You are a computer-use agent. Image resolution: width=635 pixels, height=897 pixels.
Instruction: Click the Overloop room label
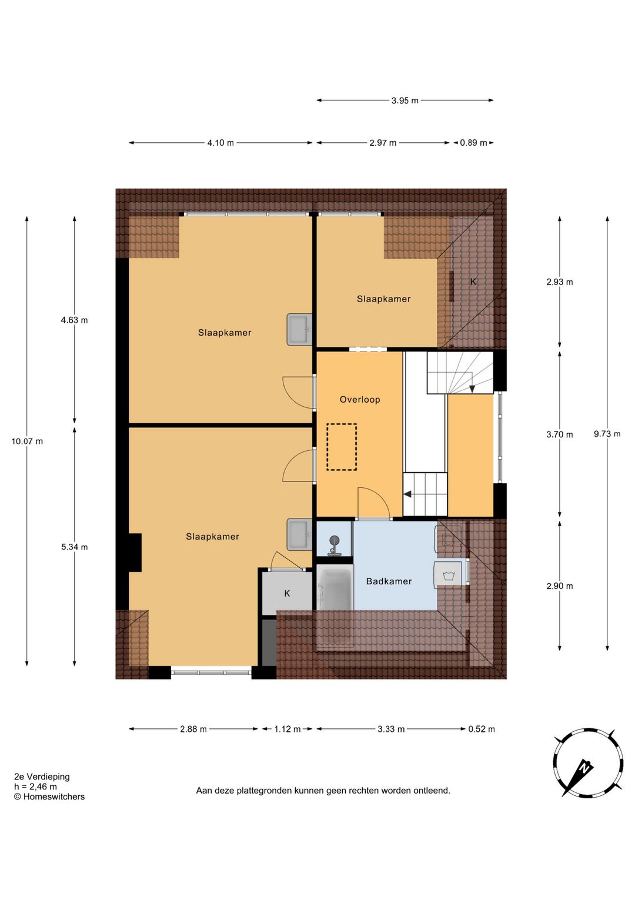pos(360,399)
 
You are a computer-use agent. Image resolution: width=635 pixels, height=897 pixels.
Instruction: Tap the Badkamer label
pos(389,581)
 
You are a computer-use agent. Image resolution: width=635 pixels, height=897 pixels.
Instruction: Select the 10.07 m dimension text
pos(27,441)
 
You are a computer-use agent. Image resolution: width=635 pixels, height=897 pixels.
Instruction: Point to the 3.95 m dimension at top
pos(405,101)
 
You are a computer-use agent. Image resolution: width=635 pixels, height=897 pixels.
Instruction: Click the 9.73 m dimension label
pos(607,434)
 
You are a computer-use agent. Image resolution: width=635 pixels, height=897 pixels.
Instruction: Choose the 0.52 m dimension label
pos(481,729)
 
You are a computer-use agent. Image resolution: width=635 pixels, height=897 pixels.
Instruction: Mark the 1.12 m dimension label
pos(288,729)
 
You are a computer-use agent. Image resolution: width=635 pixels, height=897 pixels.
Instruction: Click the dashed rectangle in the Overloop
pos(342,447)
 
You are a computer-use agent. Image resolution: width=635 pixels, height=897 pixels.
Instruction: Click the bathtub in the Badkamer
pos(335,587)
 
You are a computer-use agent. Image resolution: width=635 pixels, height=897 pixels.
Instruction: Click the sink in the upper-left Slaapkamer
pos(299,330)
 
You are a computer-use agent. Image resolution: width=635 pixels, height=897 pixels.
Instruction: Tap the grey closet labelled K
pos(287,593)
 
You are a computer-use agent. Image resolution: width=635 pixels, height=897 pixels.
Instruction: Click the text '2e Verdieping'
pos(42,776)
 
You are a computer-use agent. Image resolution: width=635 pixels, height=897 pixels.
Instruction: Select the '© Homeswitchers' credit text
pos(49,796)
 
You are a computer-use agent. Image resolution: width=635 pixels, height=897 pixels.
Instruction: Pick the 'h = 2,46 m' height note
pos(35,786)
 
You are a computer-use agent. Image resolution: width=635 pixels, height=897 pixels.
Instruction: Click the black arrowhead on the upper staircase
pos(472,389)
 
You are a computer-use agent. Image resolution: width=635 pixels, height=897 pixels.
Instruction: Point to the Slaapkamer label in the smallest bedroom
pos(383,299)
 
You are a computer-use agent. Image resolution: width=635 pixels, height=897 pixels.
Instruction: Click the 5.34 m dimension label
pos(75,547)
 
